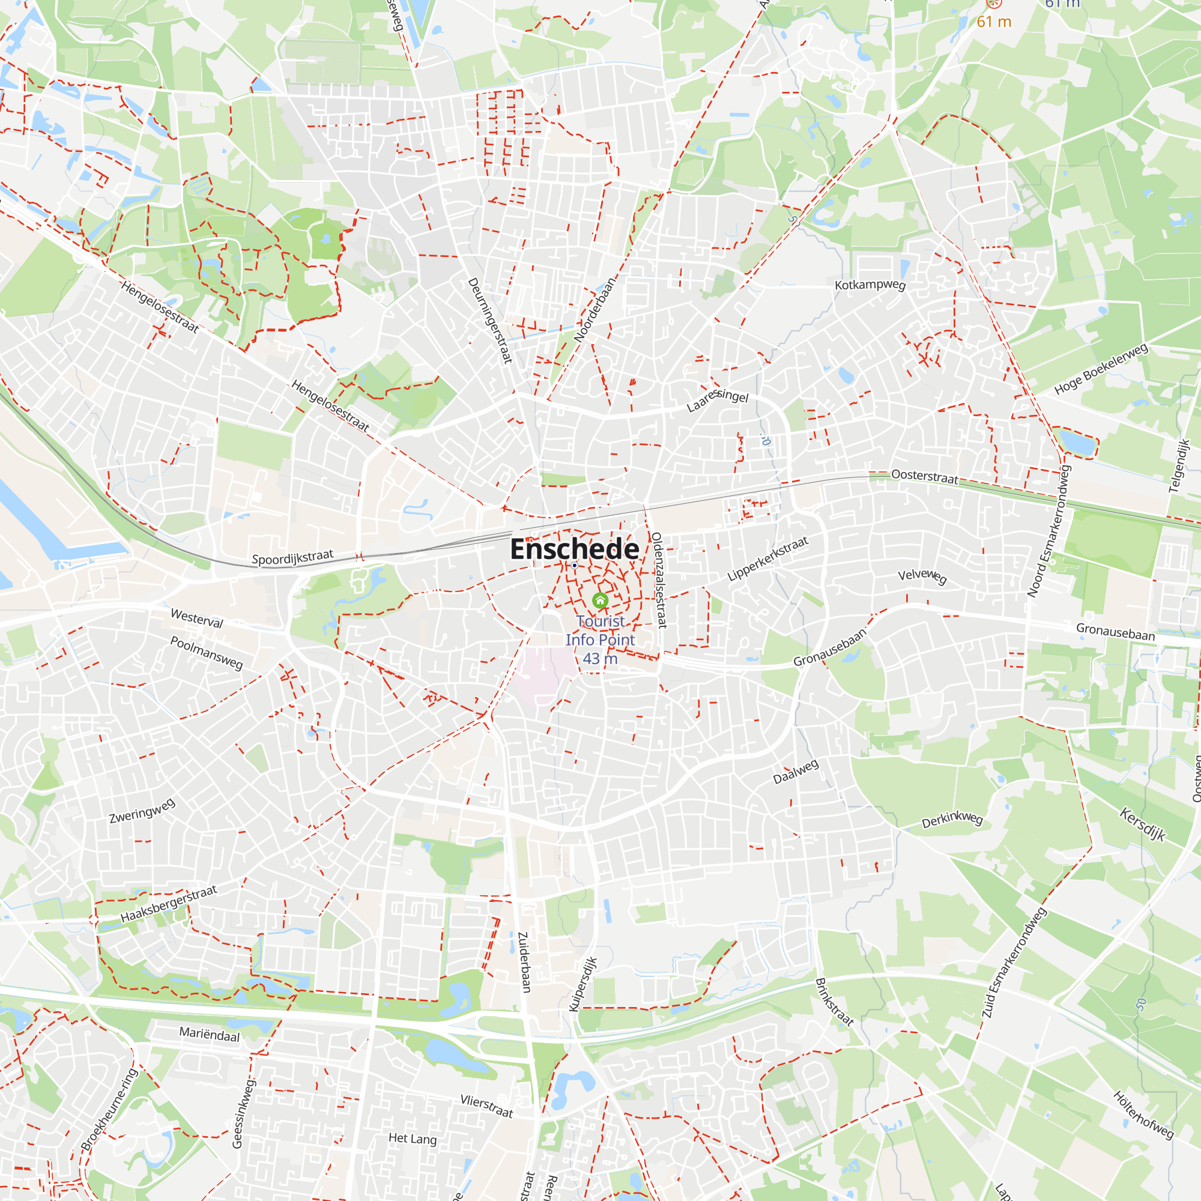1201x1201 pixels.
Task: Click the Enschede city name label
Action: click(575, 549)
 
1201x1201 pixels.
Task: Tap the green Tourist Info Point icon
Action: click(600, 600)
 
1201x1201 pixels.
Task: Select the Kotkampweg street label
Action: click(870, 285)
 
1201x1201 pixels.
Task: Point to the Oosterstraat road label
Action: click(924, 476)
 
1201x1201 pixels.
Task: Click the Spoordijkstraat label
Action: click(292, 557)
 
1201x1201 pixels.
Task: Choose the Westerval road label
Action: click(196, 618)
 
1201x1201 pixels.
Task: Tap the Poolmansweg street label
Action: click(207, 652)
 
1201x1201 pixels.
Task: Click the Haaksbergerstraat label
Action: click(169, 904)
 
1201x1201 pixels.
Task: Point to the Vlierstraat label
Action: click(487, 1106)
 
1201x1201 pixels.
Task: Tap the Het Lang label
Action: click(412, 1138)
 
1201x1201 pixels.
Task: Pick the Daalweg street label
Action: click(796, 772)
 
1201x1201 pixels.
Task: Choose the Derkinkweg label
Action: click(952, 819)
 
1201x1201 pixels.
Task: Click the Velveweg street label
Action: click(922, 576)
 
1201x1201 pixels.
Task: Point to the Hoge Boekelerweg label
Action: click(1101, 369)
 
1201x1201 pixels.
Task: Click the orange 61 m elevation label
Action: click(994, 22)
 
